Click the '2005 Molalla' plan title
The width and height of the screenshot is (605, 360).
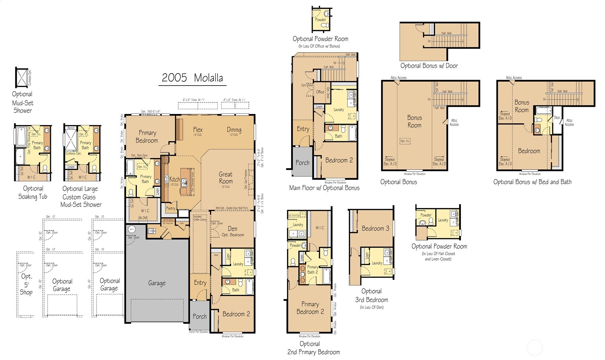[192, 78]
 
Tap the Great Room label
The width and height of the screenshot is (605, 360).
[225, 178]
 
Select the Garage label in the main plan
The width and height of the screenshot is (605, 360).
[157, 283]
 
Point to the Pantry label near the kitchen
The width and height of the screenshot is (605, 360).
[171, 208]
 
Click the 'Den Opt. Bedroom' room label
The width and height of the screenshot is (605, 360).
[232, 231]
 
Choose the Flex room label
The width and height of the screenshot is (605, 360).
[198, 130]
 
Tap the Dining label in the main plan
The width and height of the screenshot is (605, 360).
[234, 130]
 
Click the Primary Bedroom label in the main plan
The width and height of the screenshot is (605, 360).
[147, 137]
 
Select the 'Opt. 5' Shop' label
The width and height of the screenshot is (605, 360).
[26, 284]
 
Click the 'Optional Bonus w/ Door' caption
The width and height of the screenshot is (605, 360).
[429, 66]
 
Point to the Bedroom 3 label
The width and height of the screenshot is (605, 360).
[375, 229]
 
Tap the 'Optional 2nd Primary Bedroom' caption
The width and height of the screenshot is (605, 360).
[313, 348]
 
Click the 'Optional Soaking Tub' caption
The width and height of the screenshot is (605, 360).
[33, 192]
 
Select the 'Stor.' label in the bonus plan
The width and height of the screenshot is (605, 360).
[557, 118]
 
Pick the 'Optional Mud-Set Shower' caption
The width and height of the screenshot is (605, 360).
[23, 102]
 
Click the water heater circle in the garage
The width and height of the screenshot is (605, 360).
[131, 229]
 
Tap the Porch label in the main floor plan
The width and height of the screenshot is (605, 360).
[199, 317]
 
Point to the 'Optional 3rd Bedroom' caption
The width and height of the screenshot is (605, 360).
[372, 296]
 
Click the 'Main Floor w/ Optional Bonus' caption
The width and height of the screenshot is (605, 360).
[324, 188]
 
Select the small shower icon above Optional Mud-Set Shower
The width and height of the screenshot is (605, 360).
[21, 77]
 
